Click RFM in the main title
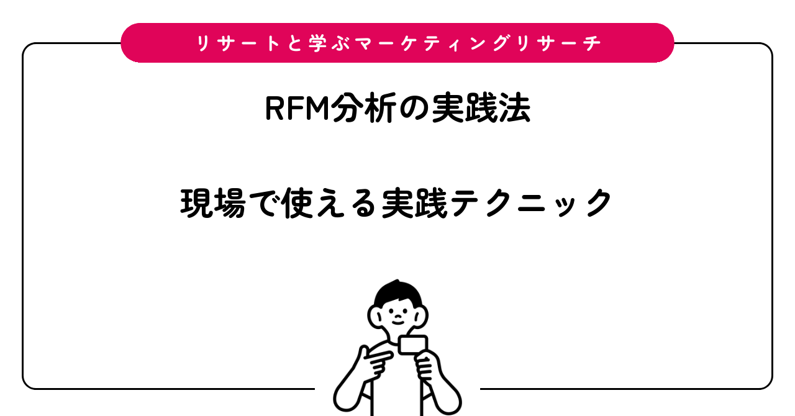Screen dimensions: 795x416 pyautogui.click(x=298, y=108)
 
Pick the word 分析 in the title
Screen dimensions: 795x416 pyautogui.click(x=364, y=108)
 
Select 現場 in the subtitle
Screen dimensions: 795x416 pyautogui.click(x=213, y=203)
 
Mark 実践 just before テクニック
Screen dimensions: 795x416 pyautogui.click(x=414, y=203)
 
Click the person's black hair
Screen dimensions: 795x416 pyautogui.click(x=397, y=294)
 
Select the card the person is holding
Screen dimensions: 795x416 pyautogui.click(x=412, y=345)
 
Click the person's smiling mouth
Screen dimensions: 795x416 pyautogui.click(x=398, y=322)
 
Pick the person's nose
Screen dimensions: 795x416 pyautogui.click(x=398, y=316)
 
